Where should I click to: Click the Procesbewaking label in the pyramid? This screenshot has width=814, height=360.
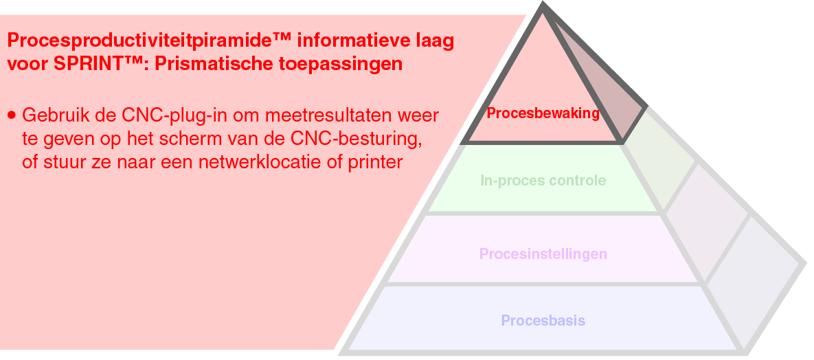coord(543,113)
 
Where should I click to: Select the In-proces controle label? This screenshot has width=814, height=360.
coord(543,181)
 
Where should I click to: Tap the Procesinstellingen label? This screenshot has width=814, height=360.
coord(543,254)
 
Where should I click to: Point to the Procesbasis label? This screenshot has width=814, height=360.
coord(543,321)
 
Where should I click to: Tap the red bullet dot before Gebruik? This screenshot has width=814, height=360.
coord(12,114)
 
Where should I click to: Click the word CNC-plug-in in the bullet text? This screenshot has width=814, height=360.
coord(162,114)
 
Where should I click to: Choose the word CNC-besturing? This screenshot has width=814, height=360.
coord(357,139)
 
